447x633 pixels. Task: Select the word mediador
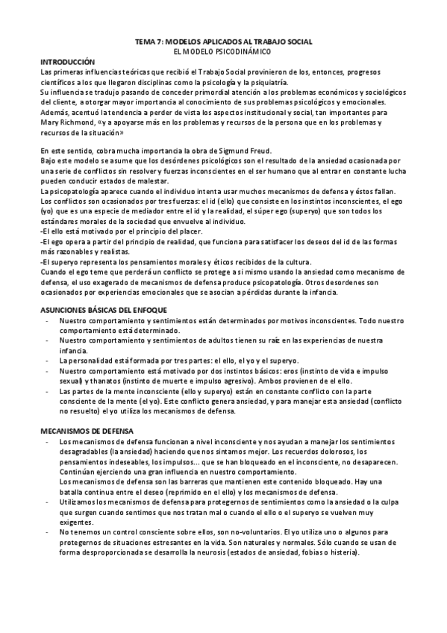click(x=135, y=211)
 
